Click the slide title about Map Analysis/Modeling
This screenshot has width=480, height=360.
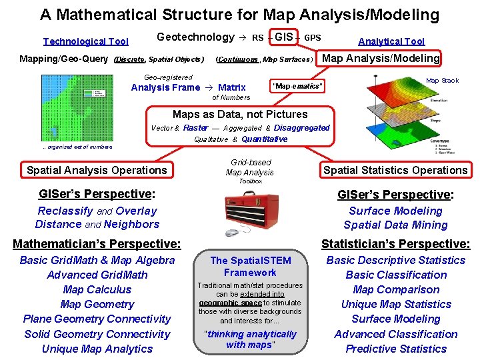239,15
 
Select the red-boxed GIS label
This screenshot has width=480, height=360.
284,37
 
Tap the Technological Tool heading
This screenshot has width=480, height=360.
85,41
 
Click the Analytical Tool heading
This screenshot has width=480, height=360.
391,41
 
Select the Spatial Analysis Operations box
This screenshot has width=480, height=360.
97,170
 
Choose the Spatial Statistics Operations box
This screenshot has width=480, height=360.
395,170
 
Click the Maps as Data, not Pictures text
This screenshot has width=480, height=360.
240,115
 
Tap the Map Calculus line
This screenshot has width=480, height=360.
97,289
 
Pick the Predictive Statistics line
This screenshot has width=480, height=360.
396,349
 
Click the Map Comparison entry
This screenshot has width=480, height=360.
396,289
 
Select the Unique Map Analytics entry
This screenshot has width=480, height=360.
97,349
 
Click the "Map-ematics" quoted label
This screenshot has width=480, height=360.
297,87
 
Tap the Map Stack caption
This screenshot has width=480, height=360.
442,81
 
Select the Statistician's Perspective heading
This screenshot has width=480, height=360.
396,244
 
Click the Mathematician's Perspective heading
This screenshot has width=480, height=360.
97,244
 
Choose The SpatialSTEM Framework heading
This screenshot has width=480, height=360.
251,266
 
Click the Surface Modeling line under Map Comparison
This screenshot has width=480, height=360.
396,319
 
